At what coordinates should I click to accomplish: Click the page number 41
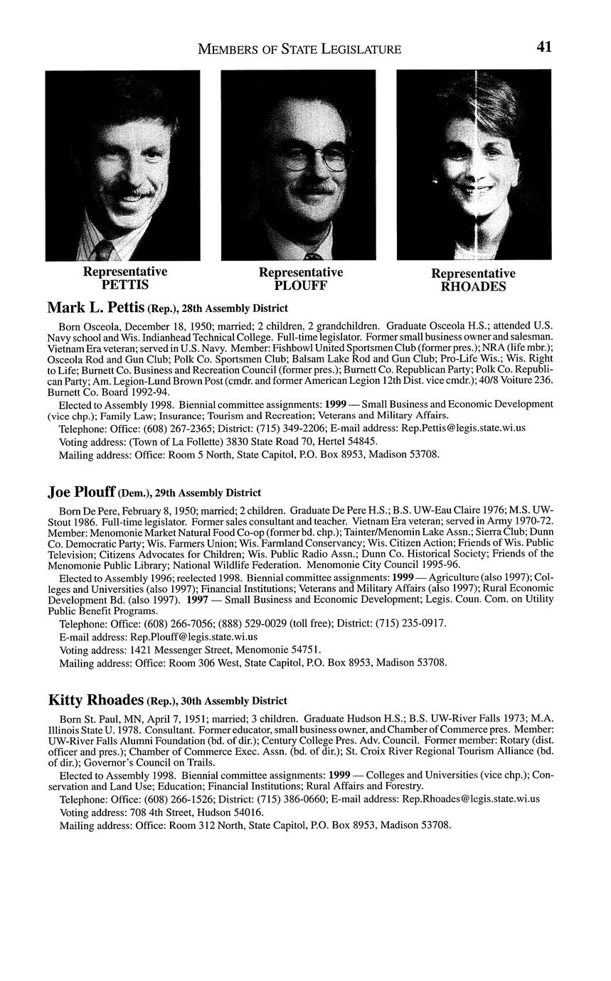click(x=544, y=47)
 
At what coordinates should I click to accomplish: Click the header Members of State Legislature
click(x=299, y=49)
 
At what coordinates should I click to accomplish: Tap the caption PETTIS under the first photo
click(x=125, y=285)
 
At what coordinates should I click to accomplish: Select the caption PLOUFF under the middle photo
click(x=300, y=286)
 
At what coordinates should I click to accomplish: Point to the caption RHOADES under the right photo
click(x=473, y=287)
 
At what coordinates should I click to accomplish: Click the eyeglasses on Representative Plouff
click(x=316, y=159)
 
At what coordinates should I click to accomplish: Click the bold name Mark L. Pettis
click(x=95, y=308)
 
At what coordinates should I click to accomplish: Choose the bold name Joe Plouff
click(x=80, y=492)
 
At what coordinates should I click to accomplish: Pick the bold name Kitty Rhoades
click(x=95, y=700)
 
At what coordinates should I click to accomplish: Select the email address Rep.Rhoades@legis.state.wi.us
click(x=471, y=798)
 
